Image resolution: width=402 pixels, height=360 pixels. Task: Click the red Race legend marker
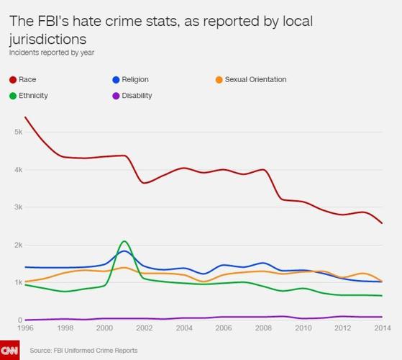coord(13,79)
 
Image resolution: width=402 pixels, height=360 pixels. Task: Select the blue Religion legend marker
coord(117,79)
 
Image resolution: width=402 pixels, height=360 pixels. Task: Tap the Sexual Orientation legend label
coord(256,79)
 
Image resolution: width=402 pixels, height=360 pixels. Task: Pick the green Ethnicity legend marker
coord(13,95)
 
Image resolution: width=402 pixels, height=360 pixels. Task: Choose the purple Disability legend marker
coord(117,95)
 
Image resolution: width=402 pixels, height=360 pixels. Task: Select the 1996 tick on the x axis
coord(25,328)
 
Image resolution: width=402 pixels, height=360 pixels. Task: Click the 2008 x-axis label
coord(262,328)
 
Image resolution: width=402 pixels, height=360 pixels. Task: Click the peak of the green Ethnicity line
coord(124,241)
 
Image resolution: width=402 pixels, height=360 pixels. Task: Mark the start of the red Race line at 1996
coord(25,117)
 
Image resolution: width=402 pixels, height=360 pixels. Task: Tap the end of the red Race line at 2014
coord(381,223)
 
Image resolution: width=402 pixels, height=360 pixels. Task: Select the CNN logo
coord(10,350)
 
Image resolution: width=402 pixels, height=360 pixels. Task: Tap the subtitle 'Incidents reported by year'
coord(52,53)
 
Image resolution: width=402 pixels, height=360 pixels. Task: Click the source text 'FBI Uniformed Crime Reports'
coord(94,351)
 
